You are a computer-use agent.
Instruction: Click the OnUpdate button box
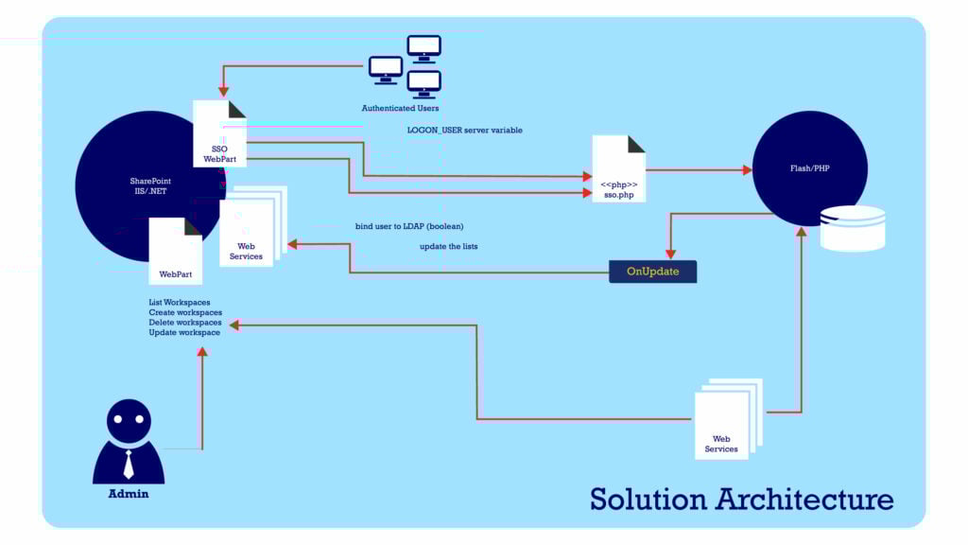pyautogui.click(x=652, y=272)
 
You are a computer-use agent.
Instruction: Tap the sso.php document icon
pyautogui.click(x=619, y=170)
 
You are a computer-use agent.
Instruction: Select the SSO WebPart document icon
pyautogui.click(x=219, y=137)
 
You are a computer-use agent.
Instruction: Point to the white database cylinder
pyautogui.click(x=853, y=228)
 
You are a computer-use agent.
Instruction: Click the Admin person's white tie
pyautogui.click(x=129, y=463)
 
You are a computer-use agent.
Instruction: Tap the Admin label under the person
pyautogui.click(x=129, y=493)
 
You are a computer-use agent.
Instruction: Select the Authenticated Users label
pyautogui.click(x=400, y=108)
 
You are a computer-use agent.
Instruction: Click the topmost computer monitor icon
pyautogui.click(x=423, y=46)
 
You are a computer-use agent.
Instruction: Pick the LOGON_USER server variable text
pyautogui.click(x=464, y=130)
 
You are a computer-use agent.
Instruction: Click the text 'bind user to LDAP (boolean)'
pyautogui.click(x=408, y=226)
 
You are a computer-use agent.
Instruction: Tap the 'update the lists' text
pyautogui.click(x=448, y=246)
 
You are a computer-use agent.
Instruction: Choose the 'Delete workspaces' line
pyautogui.click(x=185, y=323)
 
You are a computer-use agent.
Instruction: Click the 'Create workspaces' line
pyautogui.click(x=185, y=312)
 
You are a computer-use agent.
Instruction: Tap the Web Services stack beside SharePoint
pyautogui.click(x=248, y=232)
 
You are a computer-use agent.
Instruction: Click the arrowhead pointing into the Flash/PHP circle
pyautogui.click(x=747, y=170)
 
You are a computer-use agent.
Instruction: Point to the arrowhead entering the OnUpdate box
pyautogui.click(x=670, y=254)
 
